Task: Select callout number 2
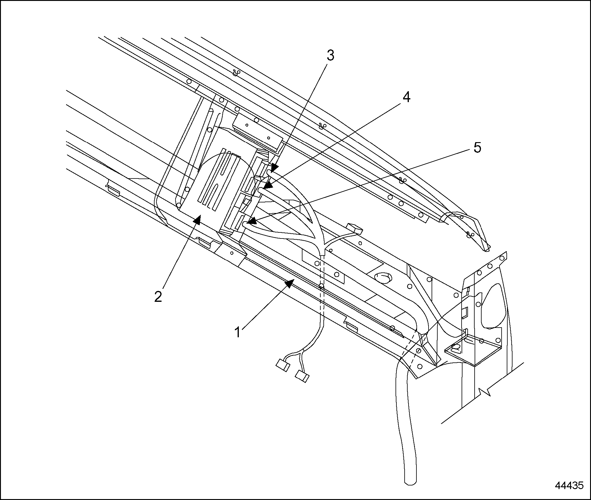158,297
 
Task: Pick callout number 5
477,148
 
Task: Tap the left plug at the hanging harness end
283,365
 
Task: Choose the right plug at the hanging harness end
302,377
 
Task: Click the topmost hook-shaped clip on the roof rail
236,73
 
